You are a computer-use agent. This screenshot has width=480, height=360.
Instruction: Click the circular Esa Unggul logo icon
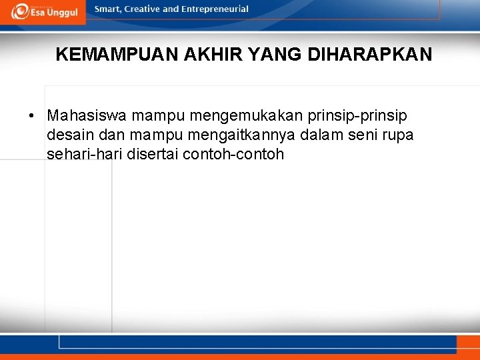pyautogui.click(x=19, y=11)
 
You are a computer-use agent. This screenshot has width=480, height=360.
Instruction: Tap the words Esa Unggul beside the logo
pyautogui.click(x=53, y=13)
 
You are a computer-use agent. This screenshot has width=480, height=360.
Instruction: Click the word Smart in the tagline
pyautogui.click(x=109, y=9)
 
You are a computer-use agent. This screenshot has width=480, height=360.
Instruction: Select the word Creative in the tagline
pyautogui.click(x=145, y=9)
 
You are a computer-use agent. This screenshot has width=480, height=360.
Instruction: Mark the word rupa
pyautogui.click(x=398, y=135)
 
